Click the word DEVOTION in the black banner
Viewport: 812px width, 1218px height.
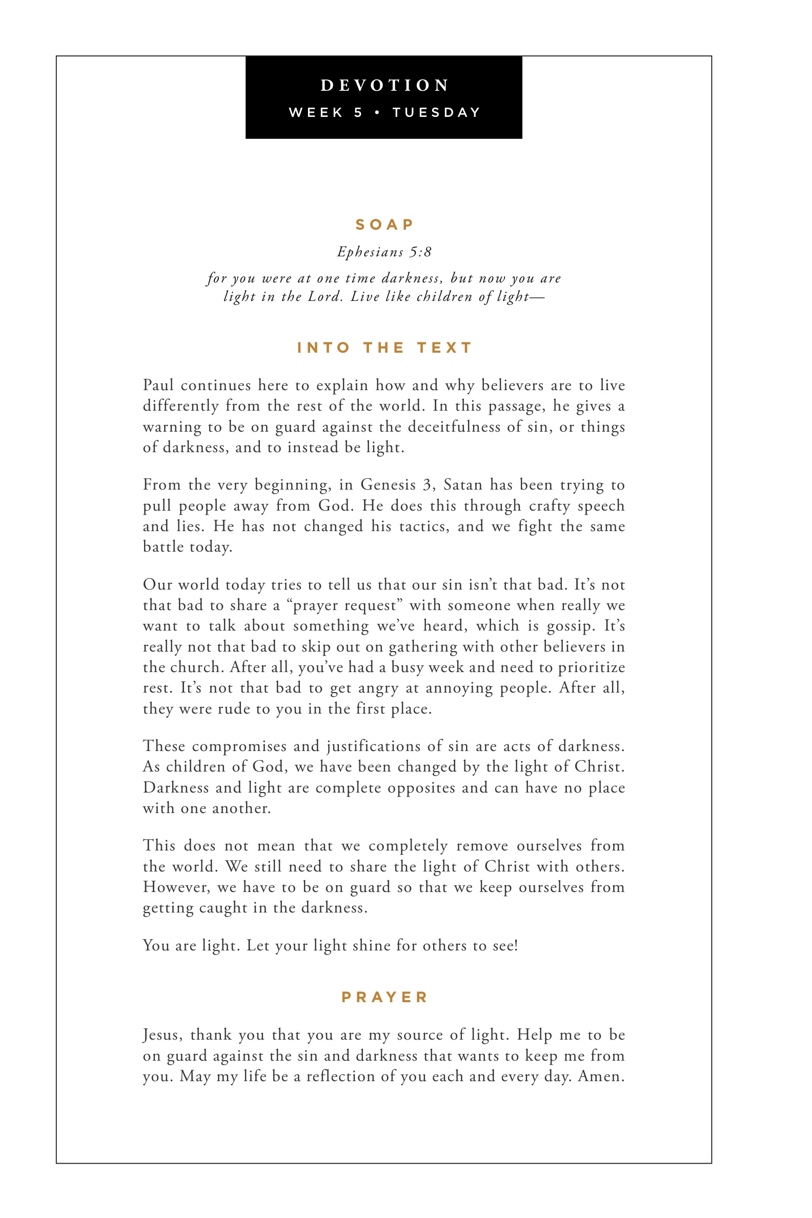[384, 86]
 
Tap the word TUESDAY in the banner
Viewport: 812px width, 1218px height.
[437, 113]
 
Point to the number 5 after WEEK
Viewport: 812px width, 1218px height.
[358, 113]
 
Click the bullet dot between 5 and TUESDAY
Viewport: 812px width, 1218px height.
[377, 113]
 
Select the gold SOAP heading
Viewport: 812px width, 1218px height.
[384, 225]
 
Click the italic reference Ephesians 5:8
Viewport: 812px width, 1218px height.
[384, 252]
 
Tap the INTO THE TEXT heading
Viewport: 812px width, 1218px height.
[384, 348]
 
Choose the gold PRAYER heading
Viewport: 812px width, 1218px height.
[384, 997]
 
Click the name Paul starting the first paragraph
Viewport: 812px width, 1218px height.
[158, 385]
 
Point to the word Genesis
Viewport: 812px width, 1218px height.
[388, 485]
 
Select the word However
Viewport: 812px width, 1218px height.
[176, 887]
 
